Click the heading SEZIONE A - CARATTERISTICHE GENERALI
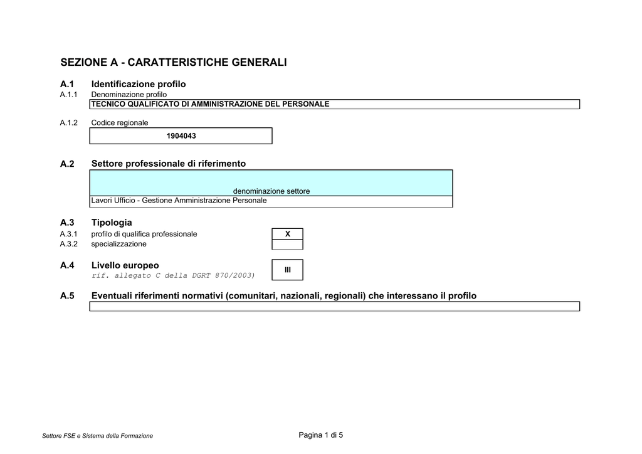click(x=173, y=63)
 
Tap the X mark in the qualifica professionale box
click(x=288, y=234)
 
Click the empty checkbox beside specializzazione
click(x=288, y=245)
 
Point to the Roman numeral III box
click(x=288, y=270)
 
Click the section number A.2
click(x=67, y=164)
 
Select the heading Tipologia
click(x=112, y=223)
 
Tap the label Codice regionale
click(x=120, y=123)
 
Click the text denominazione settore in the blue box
click(x=271, y=191)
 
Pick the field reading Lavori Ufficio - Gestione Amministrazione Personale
click(x=179, y=201)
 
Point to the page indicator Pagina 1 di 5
click(x=321, y=435)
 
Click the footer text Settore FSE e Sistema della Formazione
click(x=97, y=436)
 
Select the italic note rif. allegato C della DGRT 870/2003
click(x=173, y=275)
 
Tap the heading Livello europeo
click(x=125, y=265)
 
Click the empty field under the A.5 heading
click(x=334, y=306)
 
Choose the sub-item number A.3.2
click(x=69, y=244)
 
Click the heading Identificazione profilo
click(x=139, y=84)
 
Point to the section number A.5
click(x=67, y=296)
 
